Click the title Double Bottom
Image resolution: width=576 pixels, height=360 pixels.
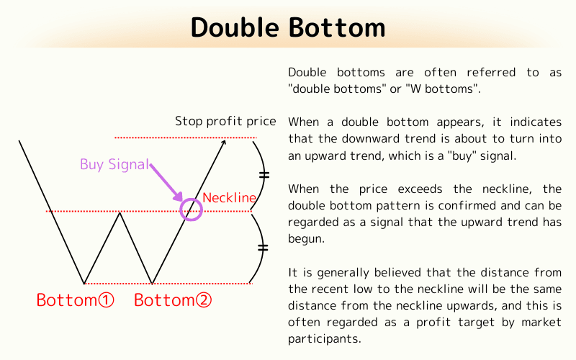[288, 27]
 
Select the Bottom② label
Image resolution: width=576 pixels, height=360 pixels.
[174, 300]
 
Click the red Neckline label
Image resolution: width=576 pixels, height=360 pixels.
[229, 197]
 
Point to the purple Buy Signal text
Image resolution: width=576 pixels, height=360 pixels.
[114, 164]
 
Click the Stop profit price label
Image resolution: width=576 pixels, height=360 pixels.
[225, 120]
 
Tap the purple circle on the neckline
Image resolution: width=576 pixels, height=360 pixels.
[191, 209]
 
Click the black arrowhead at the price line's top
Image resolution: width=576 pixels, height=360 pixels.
[224, 143]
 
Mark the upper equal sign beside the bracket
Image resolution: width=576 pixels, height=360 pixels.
[264, 174]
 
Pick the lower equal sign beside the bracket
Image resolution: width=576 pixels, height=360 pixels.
[263, 248]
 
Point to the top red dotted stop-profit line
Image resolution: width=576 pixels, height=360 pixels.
[180, 137]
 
